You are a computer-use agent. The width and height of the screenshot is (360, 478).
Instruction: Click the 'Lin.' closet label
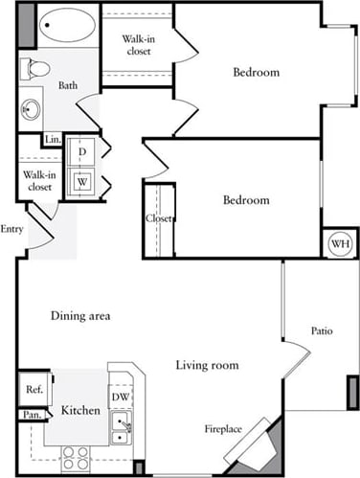coord(51,140)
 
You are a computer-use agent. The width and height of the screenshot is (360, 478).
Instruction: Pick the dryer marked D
coord(83,152)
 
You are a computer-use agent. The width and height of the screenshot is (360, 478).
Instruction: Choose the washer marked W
coord(83,181)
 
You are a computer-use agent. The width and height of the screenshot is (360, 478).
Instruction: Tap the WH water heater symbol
coord(339,244)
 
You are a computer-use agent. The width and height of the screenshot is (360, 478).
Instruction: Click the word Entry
coord(12,229)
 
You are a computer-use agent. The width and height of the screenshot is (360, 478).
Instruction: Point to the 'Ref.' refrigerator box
coord(32,389)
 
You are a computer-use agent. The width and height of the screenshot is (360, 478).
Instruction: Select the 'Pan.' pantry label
coord(31,415)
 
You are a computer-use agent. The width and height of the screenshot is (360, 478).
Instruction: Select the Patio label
coord(322,331)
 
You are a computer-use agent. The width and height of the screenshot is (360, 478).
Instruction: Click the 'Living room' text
coord(207,365)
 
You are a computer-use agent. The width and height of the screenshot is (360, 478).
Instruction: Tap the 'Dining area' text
coord(81,315)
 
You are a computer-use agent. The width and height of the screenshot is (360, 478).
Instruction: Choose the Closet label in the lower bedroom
coord(159,218)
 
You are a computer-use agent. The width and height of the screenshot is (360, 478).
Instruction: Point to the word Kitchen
coord(80,410)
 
